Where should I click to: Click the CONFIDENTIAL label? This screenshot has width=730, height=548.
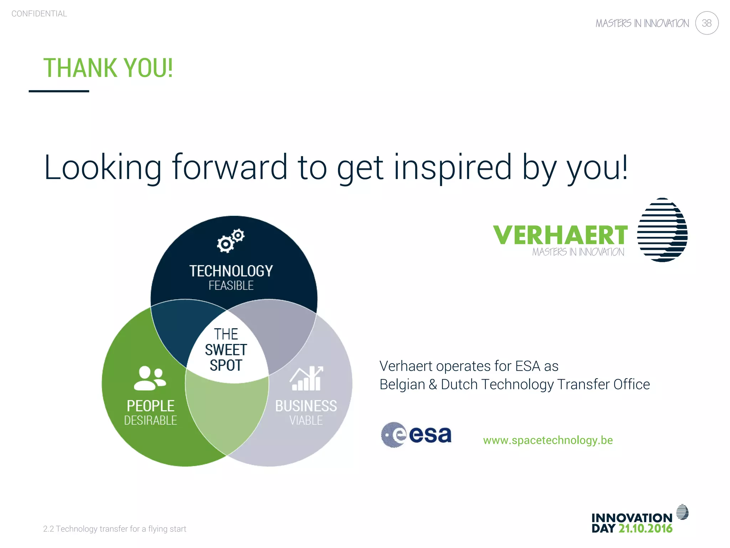click(x=39, y=14)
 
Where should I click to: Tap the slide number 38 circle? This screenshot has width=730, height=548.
click(x=706, y=23)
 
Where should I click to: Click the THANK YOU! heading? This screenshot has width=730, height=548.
click(x=108, y=68)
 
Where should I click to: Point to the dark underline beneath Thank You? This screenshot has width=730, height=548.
click(x=59, y=91)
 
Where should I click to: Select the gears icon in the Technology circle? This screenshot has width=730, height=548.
click(x=231, y=241)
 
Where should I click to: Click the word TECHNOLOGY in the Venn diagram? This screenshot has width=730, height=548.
click(x=231, y=271)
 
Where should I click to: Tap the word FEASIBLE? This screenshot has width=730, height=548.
click(x=231, y=286)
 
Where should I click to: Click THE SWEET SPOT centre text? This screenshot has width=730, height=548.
click(x=226, y=350)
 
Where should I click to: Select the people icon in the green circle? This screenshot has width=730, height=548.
click(x=150, y=378)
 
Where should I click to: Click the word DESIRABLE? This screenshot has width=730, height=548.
click(x=150, y=421)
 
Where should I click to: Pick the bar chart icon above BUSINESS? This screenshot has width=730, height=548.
click(x=306, y=379)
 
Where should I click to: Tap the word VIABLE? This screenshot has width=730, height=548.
click(x=306, y=421)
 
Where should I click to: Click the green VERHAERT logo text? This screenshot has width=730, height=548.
click(x=560, y=235)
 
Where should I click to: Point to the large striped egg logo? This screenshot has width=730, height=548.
click(x=662, y=230)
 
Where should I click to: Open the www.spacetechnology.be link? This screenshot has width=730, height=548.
click(x=548, y=440)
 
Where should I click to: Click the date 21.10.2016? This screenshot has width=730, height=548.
click(x=645, y=529)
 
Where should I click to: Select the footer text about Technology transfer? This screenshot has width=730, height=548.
click(x=114, y=529)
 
